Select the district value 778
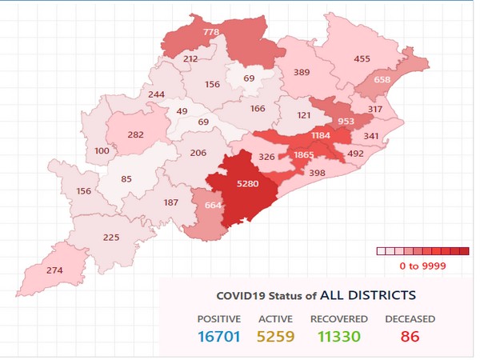pyautogui.click(x=212, y=32)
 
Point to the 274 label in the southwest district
pyautogui.click(x=54, y=270)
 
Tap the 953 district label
pyautogui.click(x=346, y=122)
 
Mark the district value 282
pyautogui.click(x=136, y=134)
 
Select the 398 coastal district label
pyautogui.click(x=316, y=174)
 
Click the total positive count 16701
pyautogui.click(x=218, y=337)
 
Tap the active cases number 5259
pyautogui.click(x=275, y=337)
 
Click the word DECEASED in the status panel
pyautogui.click(x=409, y=318)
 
